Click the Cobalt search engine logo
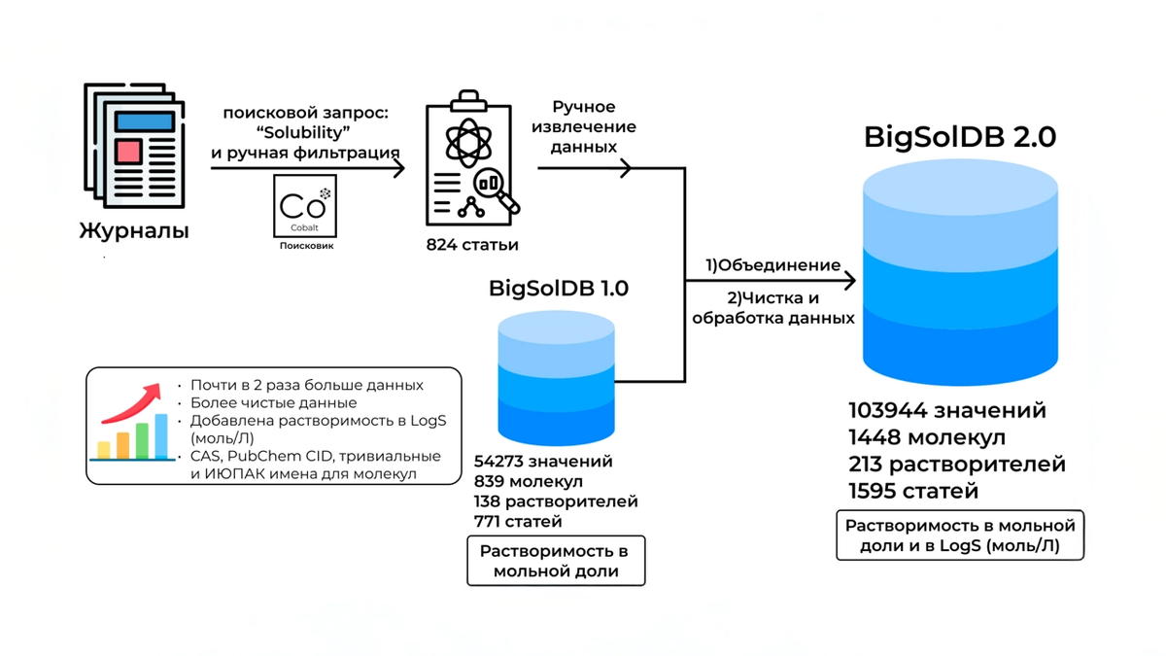click(x=305, y=207)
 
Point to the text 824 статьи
click(x=472, y=244)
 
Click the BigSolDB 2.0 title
click(x=960, y=137)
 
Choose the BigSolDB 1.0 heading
click(x=558, y=289)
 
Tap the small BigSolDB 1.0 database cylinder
click(x=556, y=378)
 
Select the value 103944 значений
click(x=947, y=410)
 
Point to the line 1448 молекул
click(x=926, y=437)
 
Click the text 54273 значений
click(x=543, y=463)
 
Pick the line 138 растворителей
click(x=556, y=501)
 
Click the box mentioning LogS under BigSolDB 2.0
click(x=960, y=536)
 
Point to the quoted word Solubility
click(x=305, y=132)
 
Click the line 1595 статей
click(x=912, y=491)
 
